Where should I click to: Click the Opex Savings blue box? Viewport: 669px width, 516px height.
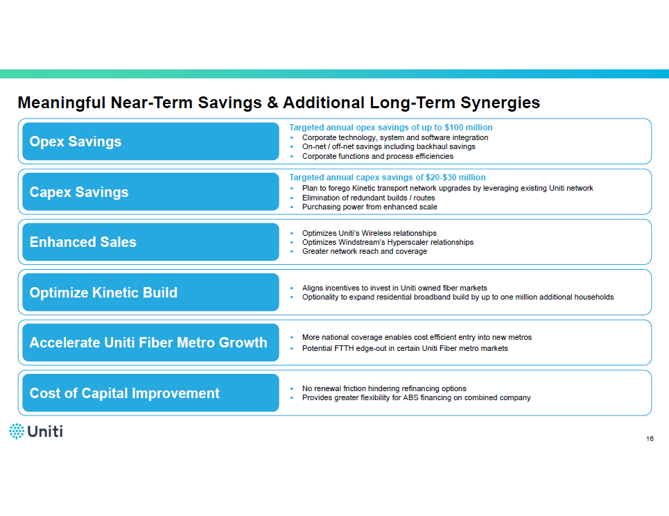[x=150, y=141]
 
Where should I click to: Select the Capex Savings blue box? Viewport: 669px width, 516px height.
[x=150, y=191]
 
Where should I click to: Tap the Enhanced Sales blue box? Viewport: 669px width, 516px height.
[x=150, y=242]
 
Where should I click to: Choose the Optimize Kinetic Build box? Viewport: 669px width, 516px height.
[x=150, y=293]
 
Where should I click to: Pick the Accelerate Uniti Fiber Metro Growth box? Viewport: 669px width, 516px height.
[x=150, y=343]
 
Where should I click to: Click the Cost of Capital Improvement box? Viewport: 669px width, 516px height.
[x=150, y=393]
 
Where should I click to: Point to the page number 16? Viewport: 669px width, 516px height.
[x=650, y=439]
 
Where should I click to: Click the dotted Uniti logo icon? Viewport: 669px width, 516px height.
[x=17, y=431]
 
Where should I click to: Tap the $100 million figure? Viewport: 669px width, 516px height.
[x=469, y=127]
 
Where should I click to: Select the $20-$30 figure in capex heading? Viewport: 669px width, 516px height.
[x=441, y=177]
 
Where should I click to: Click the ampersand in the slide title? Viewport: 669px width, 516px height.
[x=272, y=103]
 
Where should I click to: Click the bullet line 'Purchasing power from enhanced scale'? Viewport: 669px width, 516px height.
[x=370, y=207]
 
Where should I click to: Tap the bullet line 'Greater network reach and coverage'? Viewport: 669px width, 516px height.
[x=365, y=251]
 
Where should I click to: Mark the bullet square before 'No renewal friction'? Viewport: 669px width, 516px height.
[x=292, y=389]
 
